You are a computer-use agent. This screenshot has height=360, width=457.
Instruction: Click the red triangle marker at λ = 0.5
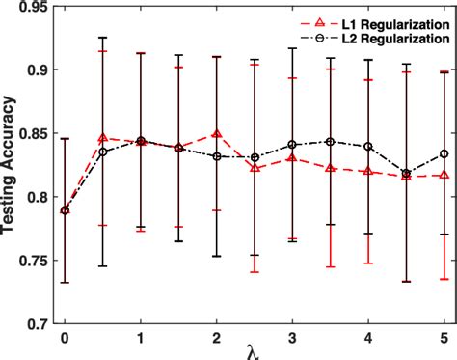coord(102,138)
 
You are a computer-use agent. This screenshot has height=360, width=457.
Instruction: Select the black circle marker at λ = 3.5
coord(330,142)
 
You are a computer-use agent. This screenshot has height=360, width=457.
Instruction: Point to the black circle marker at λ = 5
coord(444,153)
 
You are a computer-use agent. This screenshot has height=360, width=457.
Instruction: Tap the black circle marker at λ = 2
coord(216,156)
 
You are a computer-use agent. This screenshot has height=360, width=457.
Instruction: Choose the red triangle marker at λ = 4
coord(367,171)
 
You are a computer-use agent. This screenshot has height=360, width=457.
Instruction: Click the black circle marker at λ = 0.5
coord(102,152)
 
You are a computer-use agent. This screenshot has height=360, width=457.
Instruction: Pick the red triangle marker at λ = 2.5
coord(254,168)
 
